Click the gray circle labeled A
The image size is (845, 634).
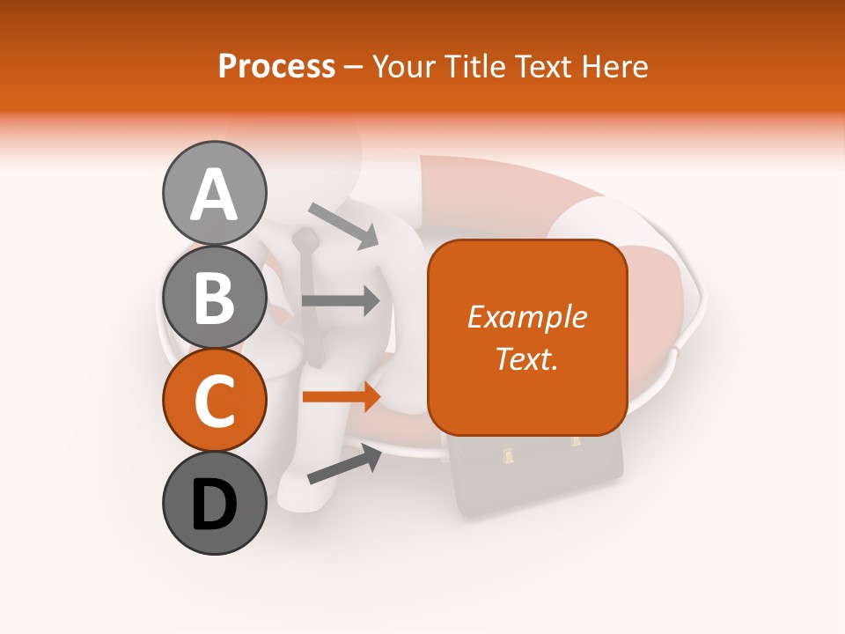click(214, 193)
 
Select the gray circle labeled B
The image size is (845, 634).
click(214, 297)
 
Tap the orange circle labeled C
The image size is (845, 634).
click(214, 401)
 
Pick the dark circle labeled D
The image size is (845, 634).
click(214, 504)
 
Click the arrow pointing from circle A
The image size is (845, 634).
click(342, 225)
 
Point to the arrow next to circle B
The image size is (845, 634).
click(341, 300)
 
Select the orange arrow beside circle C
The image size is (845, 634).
click(341, 397)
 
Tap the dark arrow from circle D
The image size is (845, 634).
click(344, 464)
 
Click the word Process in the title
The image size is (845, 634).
click(276, 66)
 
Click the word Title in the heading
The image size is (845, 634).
click(469, 66)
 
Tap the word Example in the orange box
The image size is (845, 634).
click(526, 317)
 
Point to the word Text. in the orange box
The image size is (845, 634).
click(526, 358)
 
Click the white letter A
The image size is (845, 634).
click(214, 195)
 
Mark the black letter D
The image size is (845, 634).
click(214, 505)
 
